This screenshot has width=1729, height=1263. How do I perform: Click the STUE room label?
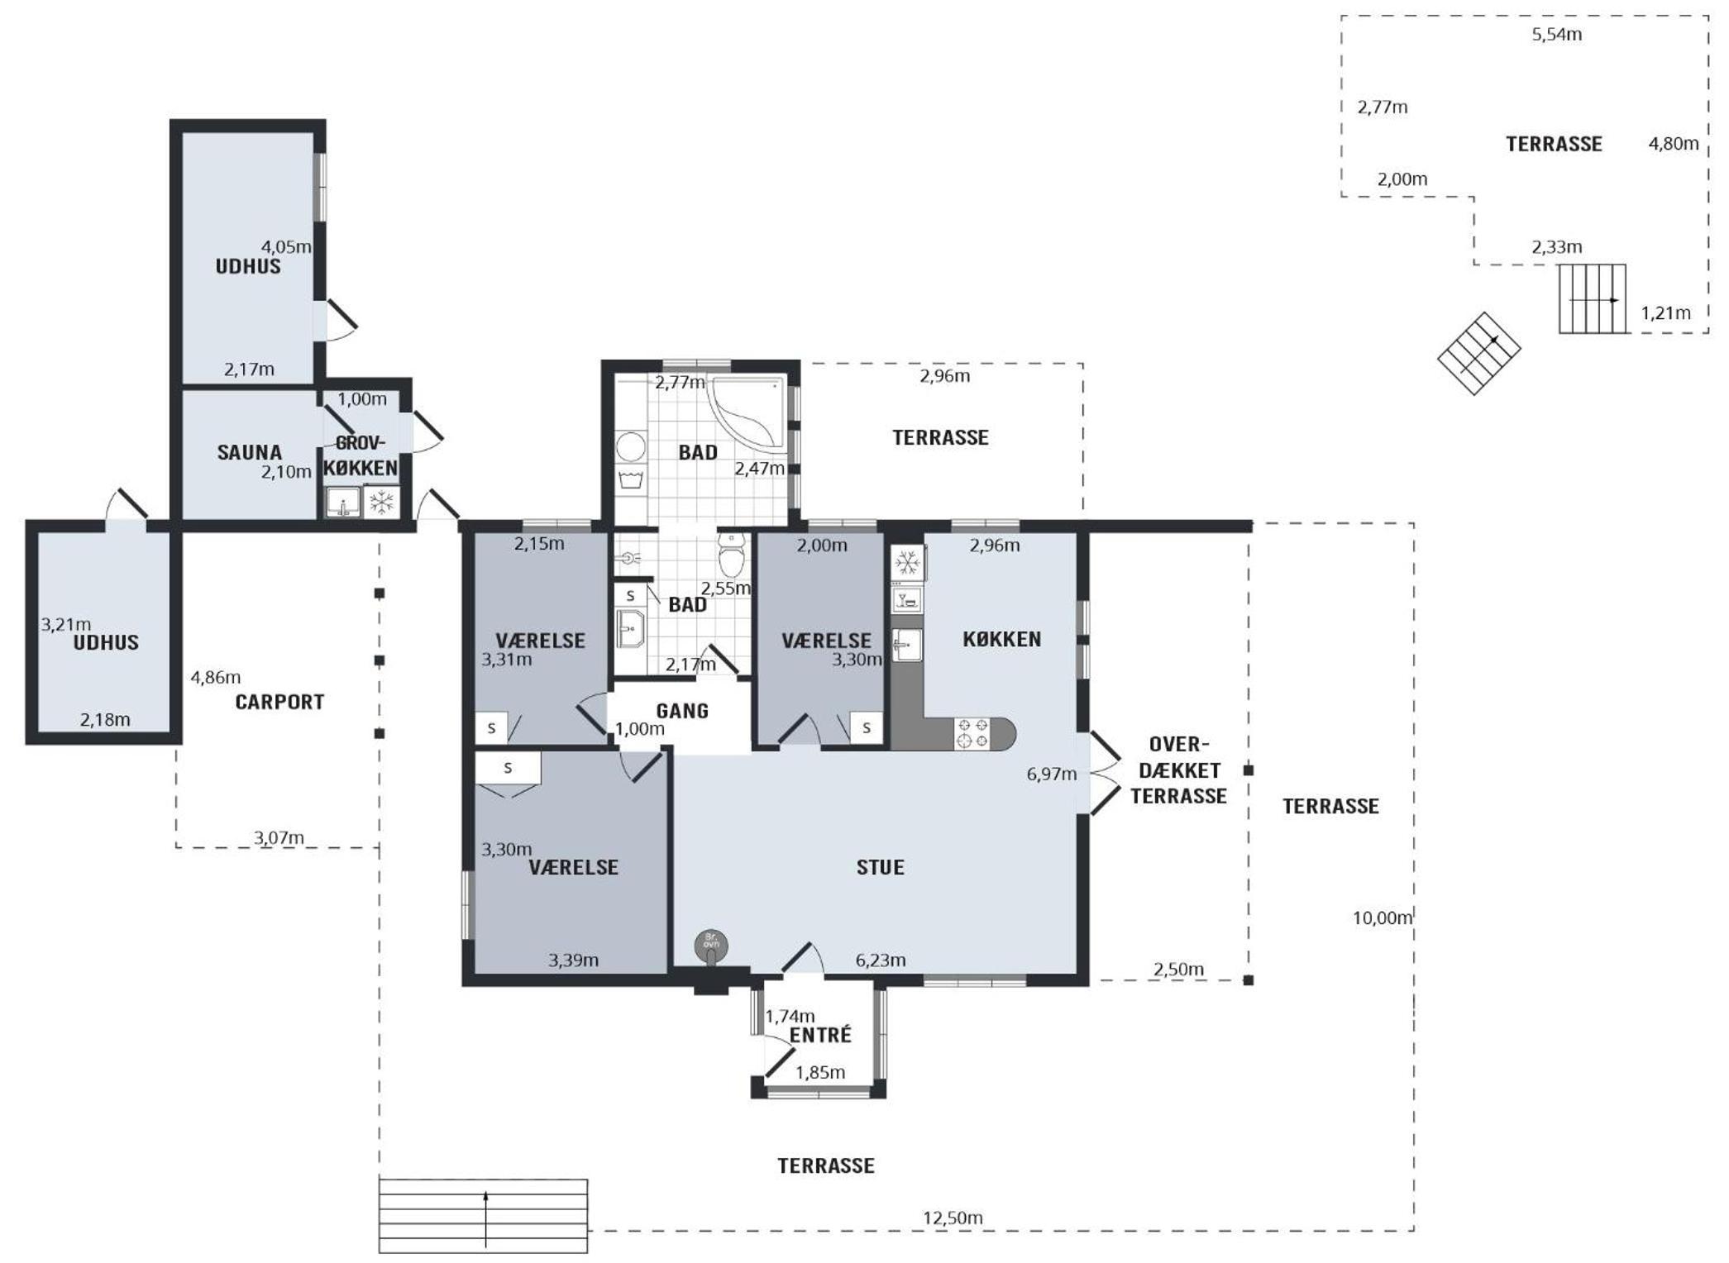[880, 867]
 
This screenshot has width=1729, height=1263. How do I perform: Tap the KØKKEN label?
[1001, 639]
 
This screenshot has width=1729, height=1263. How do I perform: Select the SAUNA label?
[249, 452]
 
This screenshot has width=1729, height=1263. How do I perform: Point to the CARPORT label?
[279, 702]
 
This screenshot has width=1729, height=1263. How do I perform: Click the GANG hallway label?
[682, 711]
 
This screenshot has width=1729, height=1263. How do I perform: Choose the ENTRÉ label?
[820, 1035]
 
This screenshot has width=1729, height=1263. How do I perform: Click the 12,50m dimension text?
[953, 1218]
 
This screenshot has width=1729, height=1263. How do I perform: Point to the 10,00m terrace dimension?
[1382, 917]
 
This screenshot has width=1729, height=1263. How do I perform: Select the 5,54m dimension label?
[1557, 35]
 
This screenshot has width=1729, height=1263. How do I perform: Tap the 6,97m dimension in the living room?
[1051, 774]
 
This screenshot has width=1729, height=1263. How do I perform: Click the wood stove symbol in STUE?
[711, 946]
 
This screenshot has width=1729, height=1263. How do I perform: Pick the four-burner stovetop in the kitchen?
[972, 733]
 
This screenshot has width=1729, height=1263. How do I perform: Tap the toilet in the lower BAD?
[732, 555]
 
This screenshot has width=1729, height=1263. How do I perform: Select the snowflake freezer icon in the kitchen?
[907, 564]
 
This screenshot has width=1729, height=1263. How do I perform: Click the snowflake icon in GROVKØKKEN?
[381, 502]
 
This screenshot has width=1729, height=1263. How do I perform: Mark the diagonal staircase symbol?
[1478, 354]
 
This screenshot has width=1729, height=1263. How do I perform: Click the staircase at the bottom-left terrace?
[484, 1216]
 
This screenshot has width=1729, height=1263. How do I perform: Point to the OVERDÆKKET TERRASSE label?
[1178, 770]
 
